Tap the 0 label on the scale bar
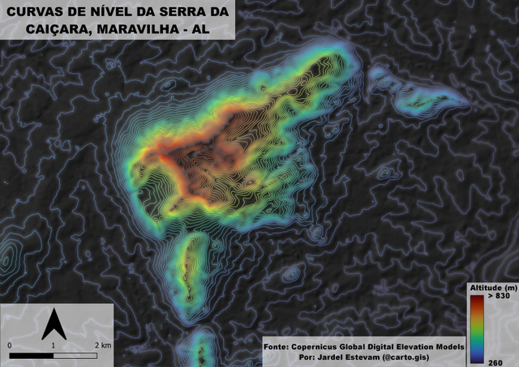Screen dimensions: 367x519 coord(10,345)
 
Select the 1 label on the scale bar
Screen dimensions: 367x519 coord(54,345)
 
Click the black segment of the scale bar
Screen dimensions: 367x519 coord(32,355)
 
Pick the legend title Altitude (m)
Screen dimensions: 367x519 coord(493,288)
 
